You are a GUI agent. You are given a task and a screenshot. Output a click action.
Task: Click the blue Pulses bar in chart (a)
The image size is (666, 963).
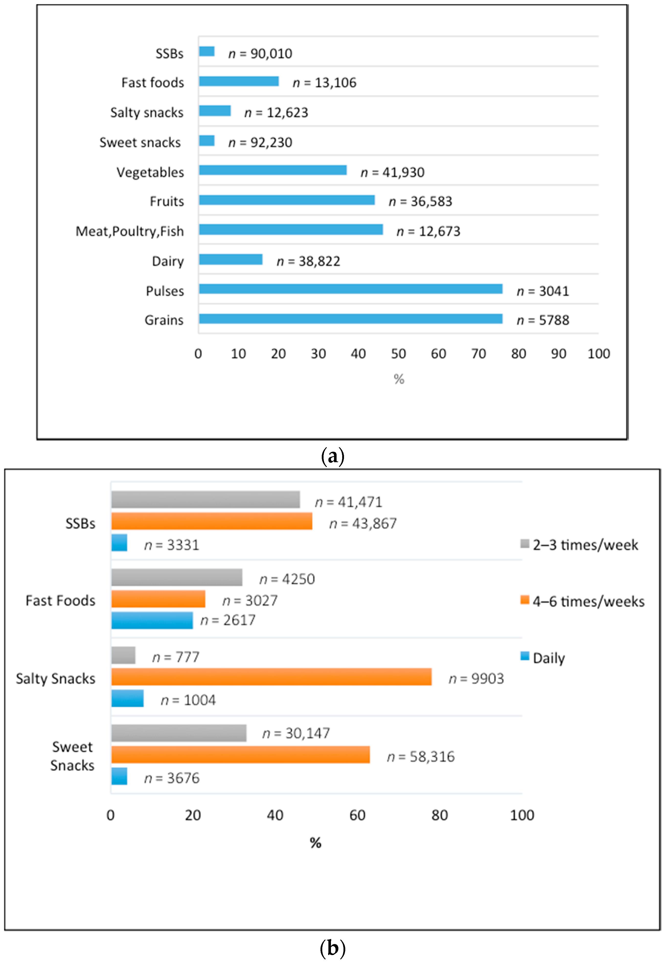[351, 289]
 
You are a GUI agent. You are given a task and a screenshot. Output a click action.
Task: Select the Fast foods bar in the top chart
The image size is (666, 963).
[239, 81]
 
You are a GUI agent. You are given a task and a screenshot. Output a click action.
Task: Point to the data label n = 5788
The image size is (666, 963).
[543, 320]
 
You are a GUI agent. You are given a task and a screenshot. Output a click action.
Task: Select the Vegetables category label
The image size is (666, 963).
[150, 172]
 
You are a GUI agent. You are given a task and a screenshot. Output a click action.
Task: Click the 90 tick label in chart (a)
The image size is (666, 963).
[558, 354]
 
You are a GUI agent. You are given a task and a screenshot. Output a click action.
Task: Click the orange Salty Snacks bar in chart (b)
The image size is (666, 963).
[271, 677]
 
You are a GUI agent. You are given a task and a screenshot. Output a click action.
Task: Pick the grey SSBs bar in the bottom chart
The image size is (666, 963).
[205, 500]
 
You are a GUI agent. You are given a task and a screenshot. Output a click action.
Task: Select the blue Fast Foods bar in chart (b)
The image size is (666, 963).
[152, 620]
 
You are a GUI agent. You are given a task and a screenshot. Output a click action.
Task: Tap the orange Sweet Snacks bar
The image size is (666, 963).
[240, 755]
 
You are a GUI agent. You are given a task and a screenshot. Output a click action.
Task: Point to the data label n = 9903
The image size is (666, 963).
[476, 679]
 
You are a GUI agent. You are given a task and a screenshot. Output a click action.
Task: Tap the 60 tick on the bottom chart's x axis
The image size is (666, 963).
[358, 815]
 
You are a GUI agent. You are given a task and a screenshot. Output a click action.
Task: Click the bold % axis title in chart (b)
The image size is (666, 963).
[315, 843]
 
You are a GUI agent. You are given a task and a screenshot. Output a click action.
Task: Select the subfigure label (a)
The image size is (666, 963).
[332, 456]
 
